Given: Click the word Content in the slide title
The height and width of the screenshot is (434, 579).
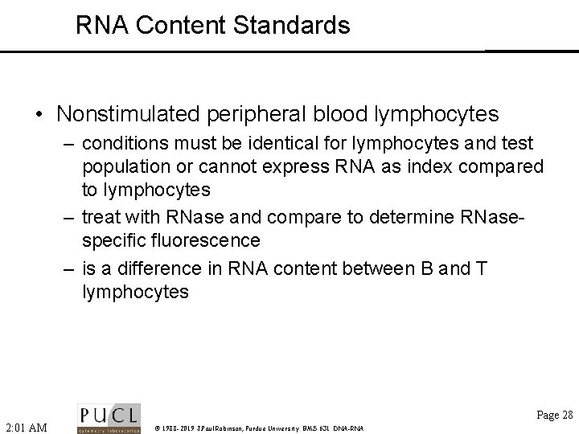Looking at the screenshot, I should coord(182,25).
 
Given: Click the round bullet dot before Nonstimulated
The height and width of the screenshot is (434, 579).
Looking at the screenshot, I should coord(39,116).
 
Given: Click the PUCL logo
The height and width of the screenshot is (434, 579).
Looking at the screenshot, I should coord(109,418).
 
